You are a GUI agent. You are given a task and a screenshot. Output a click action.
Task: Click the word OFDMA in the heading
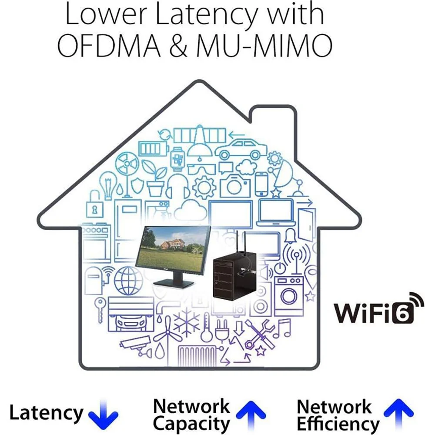(109, 46)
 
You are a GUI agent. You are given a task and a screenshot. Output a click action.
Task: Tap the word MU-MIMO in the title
(264, 46)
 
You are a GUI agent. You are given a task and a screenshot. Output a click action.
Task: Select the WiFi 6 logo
(379, 308)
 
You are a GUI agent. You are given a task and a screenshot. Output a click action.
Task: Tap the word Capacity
(191, 424)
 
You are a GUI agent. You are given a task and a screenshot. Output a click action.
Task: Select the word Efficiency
(338, 423)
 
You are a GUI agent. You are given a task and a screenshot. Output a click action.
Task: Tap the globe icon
(128, 281)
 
